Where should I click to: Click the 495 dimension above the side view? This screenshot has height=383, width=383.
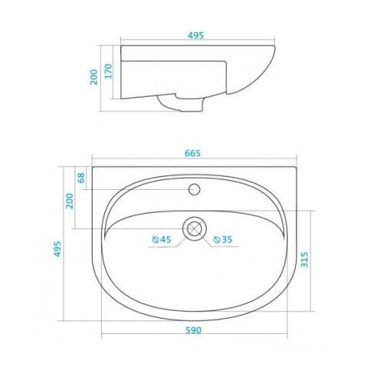pos(196,35)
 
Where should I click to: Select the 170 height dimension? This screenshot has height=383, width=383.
pos(109,71)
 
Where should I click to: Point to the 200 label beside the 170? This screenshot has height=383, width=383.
pos(94,77)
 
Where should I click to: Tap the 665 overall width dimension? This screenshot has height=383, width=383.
pos(193,153)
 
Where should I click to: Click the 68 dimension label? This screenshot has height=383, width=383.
pos(81,178)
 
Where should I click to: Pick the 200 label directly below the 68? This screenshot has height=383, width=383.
pos(70,201)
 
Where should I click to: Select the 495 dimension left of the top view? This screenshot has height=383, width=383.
pos(57,249)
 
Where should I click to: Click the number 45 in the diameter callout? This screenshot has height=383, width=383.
pos(165,240)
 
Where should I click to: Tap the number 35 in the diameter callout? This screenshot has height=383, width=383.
pos(227,240)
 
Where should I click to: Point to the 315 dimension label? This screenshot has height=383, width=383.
pos(304,260)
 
